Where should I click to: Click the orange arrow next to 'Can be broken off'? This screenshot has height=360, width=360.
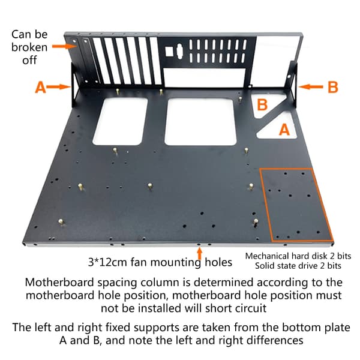click(64, 46)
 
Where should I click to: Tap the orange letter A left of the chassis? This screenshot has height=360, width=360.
click(40, 87)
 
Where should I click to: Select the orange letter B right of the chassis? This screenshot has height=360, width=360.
click(332, 87)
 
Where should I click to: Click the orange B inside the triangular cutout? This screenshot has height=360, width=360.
click(262, 104)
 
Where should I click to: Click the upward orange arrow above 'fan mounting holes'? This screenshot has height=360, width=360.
click(200, 253)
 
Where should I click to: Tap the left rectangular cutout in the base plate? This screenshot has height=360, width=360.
click(120, 121)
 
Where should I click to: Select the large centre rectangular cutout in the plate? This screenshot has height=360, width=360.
click(200, 122)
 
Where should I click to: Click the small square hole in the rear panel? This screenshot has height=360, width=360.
click(169, 52)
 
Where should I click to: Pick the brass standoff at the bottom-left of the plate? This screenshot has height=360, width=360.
click(61, 222)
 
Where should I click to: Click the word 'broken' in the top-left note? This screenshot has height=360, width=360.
click(29, 47)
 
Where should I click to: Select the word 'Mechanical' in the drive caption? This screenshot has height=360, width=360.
click(267, 256)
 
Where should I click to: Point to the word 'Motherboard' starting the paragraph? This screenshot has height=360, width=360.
click(59, 282)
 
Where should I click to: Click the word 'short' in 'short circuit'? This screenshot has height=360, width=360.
click(219, 308)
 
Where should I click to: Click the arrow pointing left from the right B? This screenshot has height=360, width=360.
click(311, 86)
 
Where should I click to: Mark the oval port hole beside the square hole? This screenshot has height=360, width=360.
click(179, 52)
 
